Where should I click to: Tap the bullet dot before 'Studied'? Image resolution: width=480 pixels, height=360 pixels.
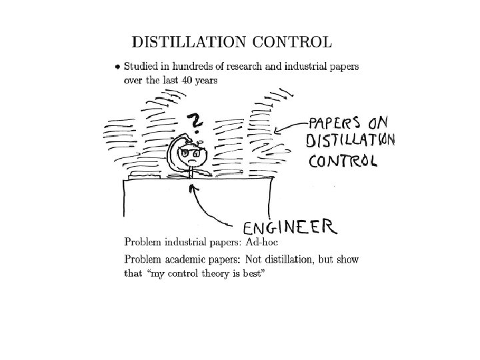click(x=117, y=67)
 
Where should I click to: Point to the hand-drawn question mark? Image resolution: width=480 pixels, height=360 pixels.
click(x=195, y=121)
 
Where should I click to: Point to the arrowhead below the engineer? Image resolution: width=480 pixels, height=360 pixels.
click(x=193, y=189)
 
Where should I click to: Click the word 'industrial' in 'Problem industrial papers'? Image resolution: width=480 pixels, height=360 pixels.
click(x=185, y=242)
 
